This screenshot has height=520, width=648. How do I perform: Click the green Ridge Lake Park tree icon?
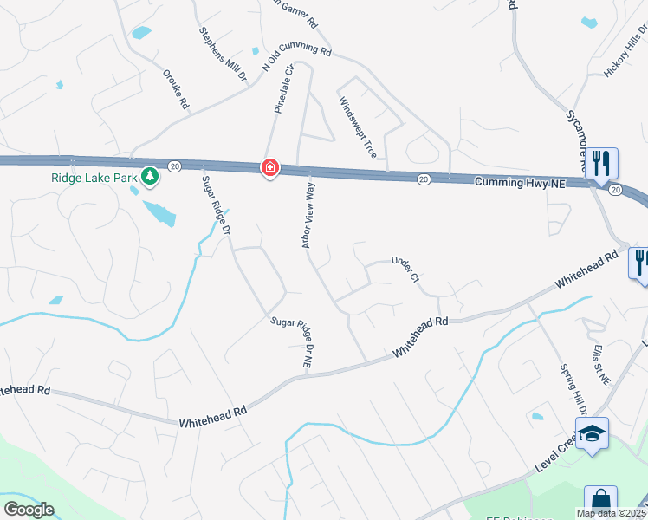151,176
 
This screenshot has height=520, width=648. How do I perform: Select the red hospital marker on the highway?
269,167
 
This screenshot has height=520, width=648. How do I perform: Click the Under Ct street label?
405,269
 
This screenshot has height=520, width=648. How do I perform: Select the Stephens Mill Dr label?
224,55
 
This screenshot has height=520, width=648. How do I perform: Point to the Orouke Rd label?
176,88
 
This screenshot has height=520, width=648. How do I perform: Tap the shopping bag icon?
599,500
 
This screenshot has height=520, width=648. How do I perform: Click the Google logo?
29,510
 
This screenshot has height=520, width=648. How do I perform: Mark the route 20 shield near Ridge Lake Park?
174,165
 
